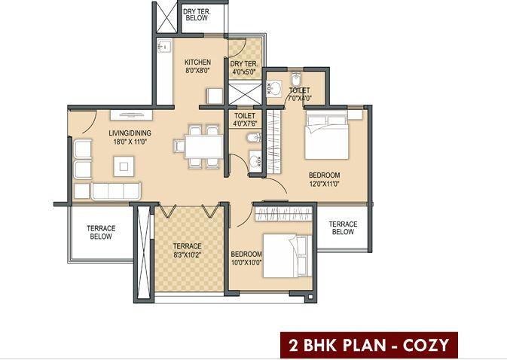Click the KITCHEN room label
[197, 63]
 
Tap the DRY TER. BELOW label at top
[197, 14]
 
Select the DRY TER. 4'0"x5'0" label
[243, 68]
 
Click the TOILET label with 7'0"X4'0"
[299, 94]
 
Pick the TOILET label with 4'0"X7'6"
[246, 121]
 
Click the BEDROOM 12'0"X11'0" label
[325, 178]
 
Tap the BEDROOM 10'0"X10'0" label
[246, 258]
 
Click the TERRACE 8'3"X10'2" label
[187, 251]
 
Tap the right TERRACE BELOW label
[343, 227]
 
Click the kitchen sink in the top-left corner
[162, 47]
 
